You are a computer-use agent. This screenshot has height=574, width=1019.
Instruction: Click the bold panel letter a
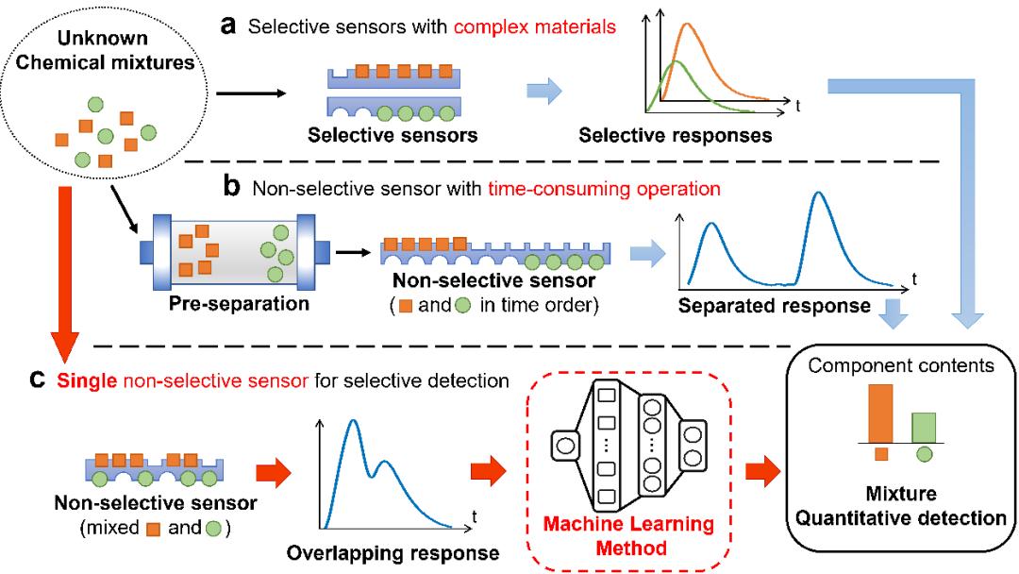pyautogui.click(x=228, y=25)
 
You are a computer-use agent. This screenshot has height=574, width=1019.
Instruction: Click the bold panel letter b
pyautogui.click(x=231, y=188)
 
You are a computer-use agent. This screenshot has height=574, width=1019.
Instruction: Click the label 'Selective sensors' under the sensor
pyautogui.click(x=393, y=135)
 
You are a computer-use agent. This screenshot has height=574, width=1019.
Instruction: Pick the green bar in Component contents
pyautogui.click(x=924, y=427)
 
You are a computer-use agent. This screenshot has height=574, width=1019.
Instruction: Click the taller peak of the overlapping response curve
pyautogui.click(x=353, y=421)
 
